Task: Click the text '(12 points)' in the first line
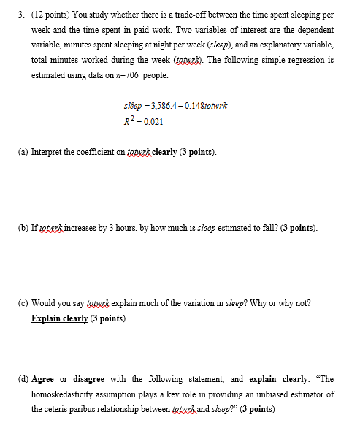coord(50,15)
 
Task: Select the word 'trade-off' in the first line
coord(197,15)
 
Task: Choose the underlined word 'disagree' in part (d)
coord(88,380)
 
